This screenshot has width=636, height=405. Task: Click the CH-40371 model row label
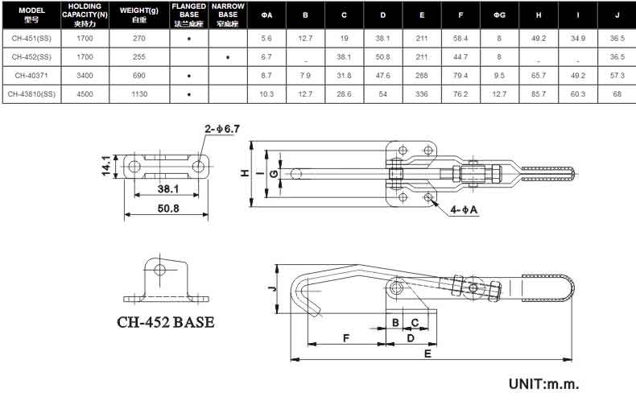[x=31, y=76]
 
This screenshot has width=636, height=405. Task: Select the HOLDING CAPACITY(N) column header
[x=85, y=14]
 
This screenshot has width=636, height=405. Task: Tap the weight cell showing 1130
[x=139, y=94]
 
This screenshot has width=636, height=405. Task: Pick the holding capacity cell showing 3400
[x=85, y=76]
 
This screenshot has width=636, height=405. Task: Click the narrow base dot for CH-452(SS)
[x=228, y=57]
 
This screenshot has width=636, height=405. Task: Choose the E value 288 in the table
[x=422, y=76]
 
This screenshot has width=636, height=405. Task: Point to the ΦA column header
[x=266, y=15]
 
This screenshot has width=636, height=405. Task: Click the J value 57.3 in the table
[x=617, y=76]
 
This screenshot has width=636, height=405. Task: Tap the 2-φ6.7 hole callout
[x=222, y=129]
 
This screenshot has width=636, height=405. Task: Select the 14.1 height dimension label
[x=105, y=166]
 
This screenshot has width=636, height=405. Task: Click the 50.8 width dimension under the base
[x=168, y=209]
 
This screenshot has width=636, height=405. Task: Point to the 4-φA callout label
[x=464, y=210]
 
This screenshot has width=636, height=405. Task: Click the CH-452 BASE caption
[x=166, y=322]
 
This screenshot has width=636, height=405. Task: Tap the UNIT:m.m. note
[x=544, y=383]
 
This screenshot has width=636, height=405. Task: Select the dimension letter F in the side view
[x=346, y=338]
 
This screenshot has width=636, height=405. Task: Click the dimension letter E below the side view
[x=427, y=353]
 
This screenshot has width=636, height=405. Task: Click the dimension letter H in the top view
[x=245, y=173]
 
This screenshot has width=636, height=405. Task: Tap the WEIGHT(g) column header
[x=139, y=15]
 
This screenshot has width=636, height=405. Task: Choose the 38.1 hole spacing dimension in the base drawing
[x=168, y=188]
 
